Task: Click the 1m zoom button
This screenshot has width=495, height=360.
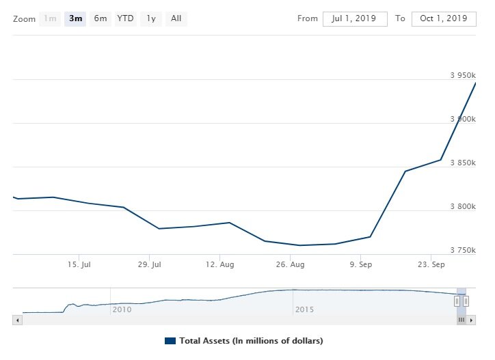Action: pos(50,18)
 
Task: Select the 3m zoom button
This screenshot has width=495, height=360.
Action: pos(75,18)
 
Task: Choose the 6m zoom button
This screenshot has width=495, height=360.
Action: pos(101,18)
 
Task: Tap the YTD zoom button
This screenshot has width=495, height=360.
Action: pos(125,18)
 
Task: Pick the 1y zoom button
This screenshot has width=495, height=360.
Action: pos(150,18)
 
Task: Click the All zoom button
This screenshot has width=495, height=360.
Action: pos(176,18)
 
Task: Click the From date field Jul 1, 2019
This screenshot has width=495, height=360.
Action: pos(355,18)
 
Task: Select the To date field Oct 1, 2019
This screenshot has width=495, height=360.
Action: pos(444,18)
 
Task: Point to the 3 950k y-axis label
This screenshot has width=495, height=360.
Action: pos(463,75)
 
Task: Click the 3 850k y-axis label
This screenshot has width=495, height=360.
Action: pos(463,163)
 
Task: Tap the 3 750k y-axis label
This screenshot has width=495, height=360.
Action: pos(463,250)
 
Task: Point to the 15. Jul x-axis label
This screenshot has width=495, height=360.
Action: pos(81,264)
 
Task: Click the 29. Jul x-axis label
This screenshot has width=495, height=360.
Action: pos(151,264)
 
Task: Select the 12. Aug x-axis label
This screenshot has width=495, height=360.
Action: pos(221,264)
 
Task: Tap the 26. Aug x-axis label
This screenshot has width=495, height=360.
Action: pos(291,264)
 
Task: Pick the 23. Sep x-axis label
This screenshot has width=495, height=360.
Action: pos(431,264)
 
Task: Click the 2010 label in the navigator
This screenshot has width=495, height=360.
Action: pos(122,309)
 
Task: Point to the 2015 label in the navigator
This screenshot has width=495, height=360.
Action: pos(304,309)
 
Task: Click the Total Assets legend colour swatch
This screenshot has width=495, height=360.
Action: pos(170,340)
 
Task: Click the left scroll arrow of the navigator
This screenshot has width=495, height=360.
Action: pos(17,319)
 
